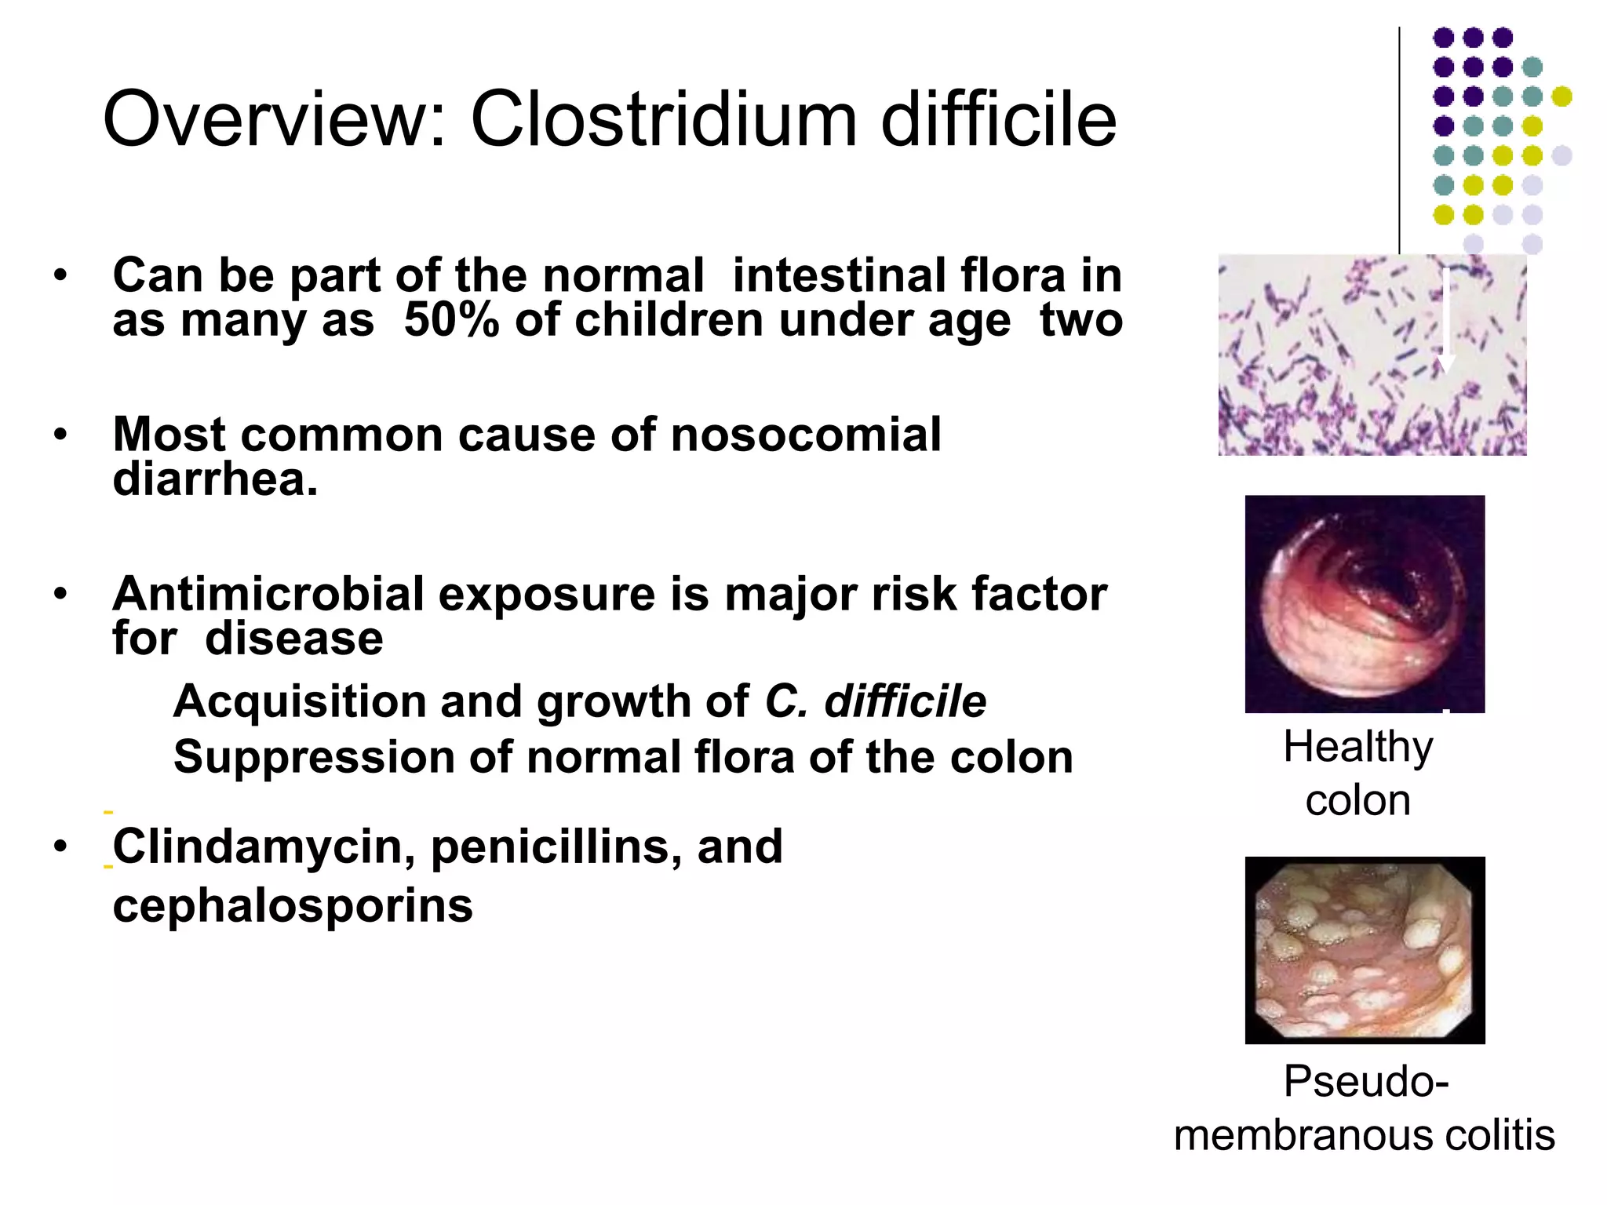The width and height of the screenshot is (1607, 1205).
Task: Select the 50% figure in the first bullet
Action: pos(450,321)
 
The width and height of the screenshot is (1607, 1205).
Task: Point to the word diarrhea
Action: pos(214,479)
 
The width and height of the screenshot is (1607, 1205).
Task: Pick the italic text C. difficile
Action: pos(875,701)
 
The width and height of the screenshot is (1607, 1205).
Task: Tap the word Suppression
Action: pos(314,758)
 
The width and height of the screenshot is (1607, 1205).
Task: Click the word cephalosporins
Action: pos(293,905)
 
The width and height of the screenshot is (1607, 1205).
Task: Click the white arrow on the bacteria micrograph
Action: pos(1445,322)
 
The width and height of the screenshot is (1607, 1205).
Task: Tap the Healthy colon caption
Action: pos(1357,773)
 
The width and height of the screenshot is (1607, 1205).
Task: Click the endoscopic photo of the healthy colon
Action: pos(1365,603)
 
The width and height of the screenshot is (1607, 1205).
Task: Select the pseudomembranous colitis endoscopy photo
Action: pos(1365,949)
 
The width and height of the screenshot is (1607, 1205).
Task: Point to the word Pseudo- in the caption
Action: pos(1365,1081)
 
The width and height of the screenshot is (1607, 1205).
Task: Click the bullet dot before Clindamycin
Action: pos(60,846)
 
